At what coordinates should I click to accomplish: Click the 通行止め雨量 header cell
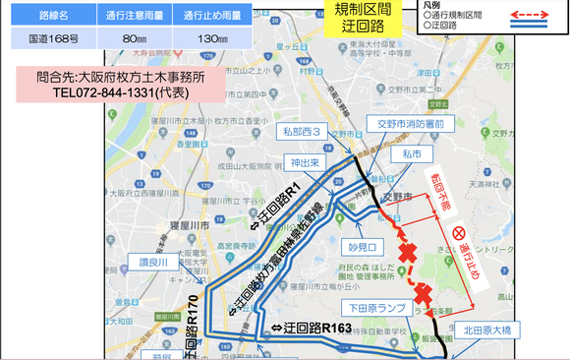tap(206, 17)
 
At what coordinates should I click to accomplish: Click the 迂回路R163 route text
tap(312, 327)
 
